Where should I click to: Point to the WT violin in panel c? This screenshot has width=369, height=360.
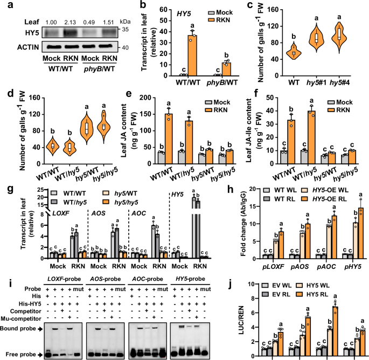tap(294, 52)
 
